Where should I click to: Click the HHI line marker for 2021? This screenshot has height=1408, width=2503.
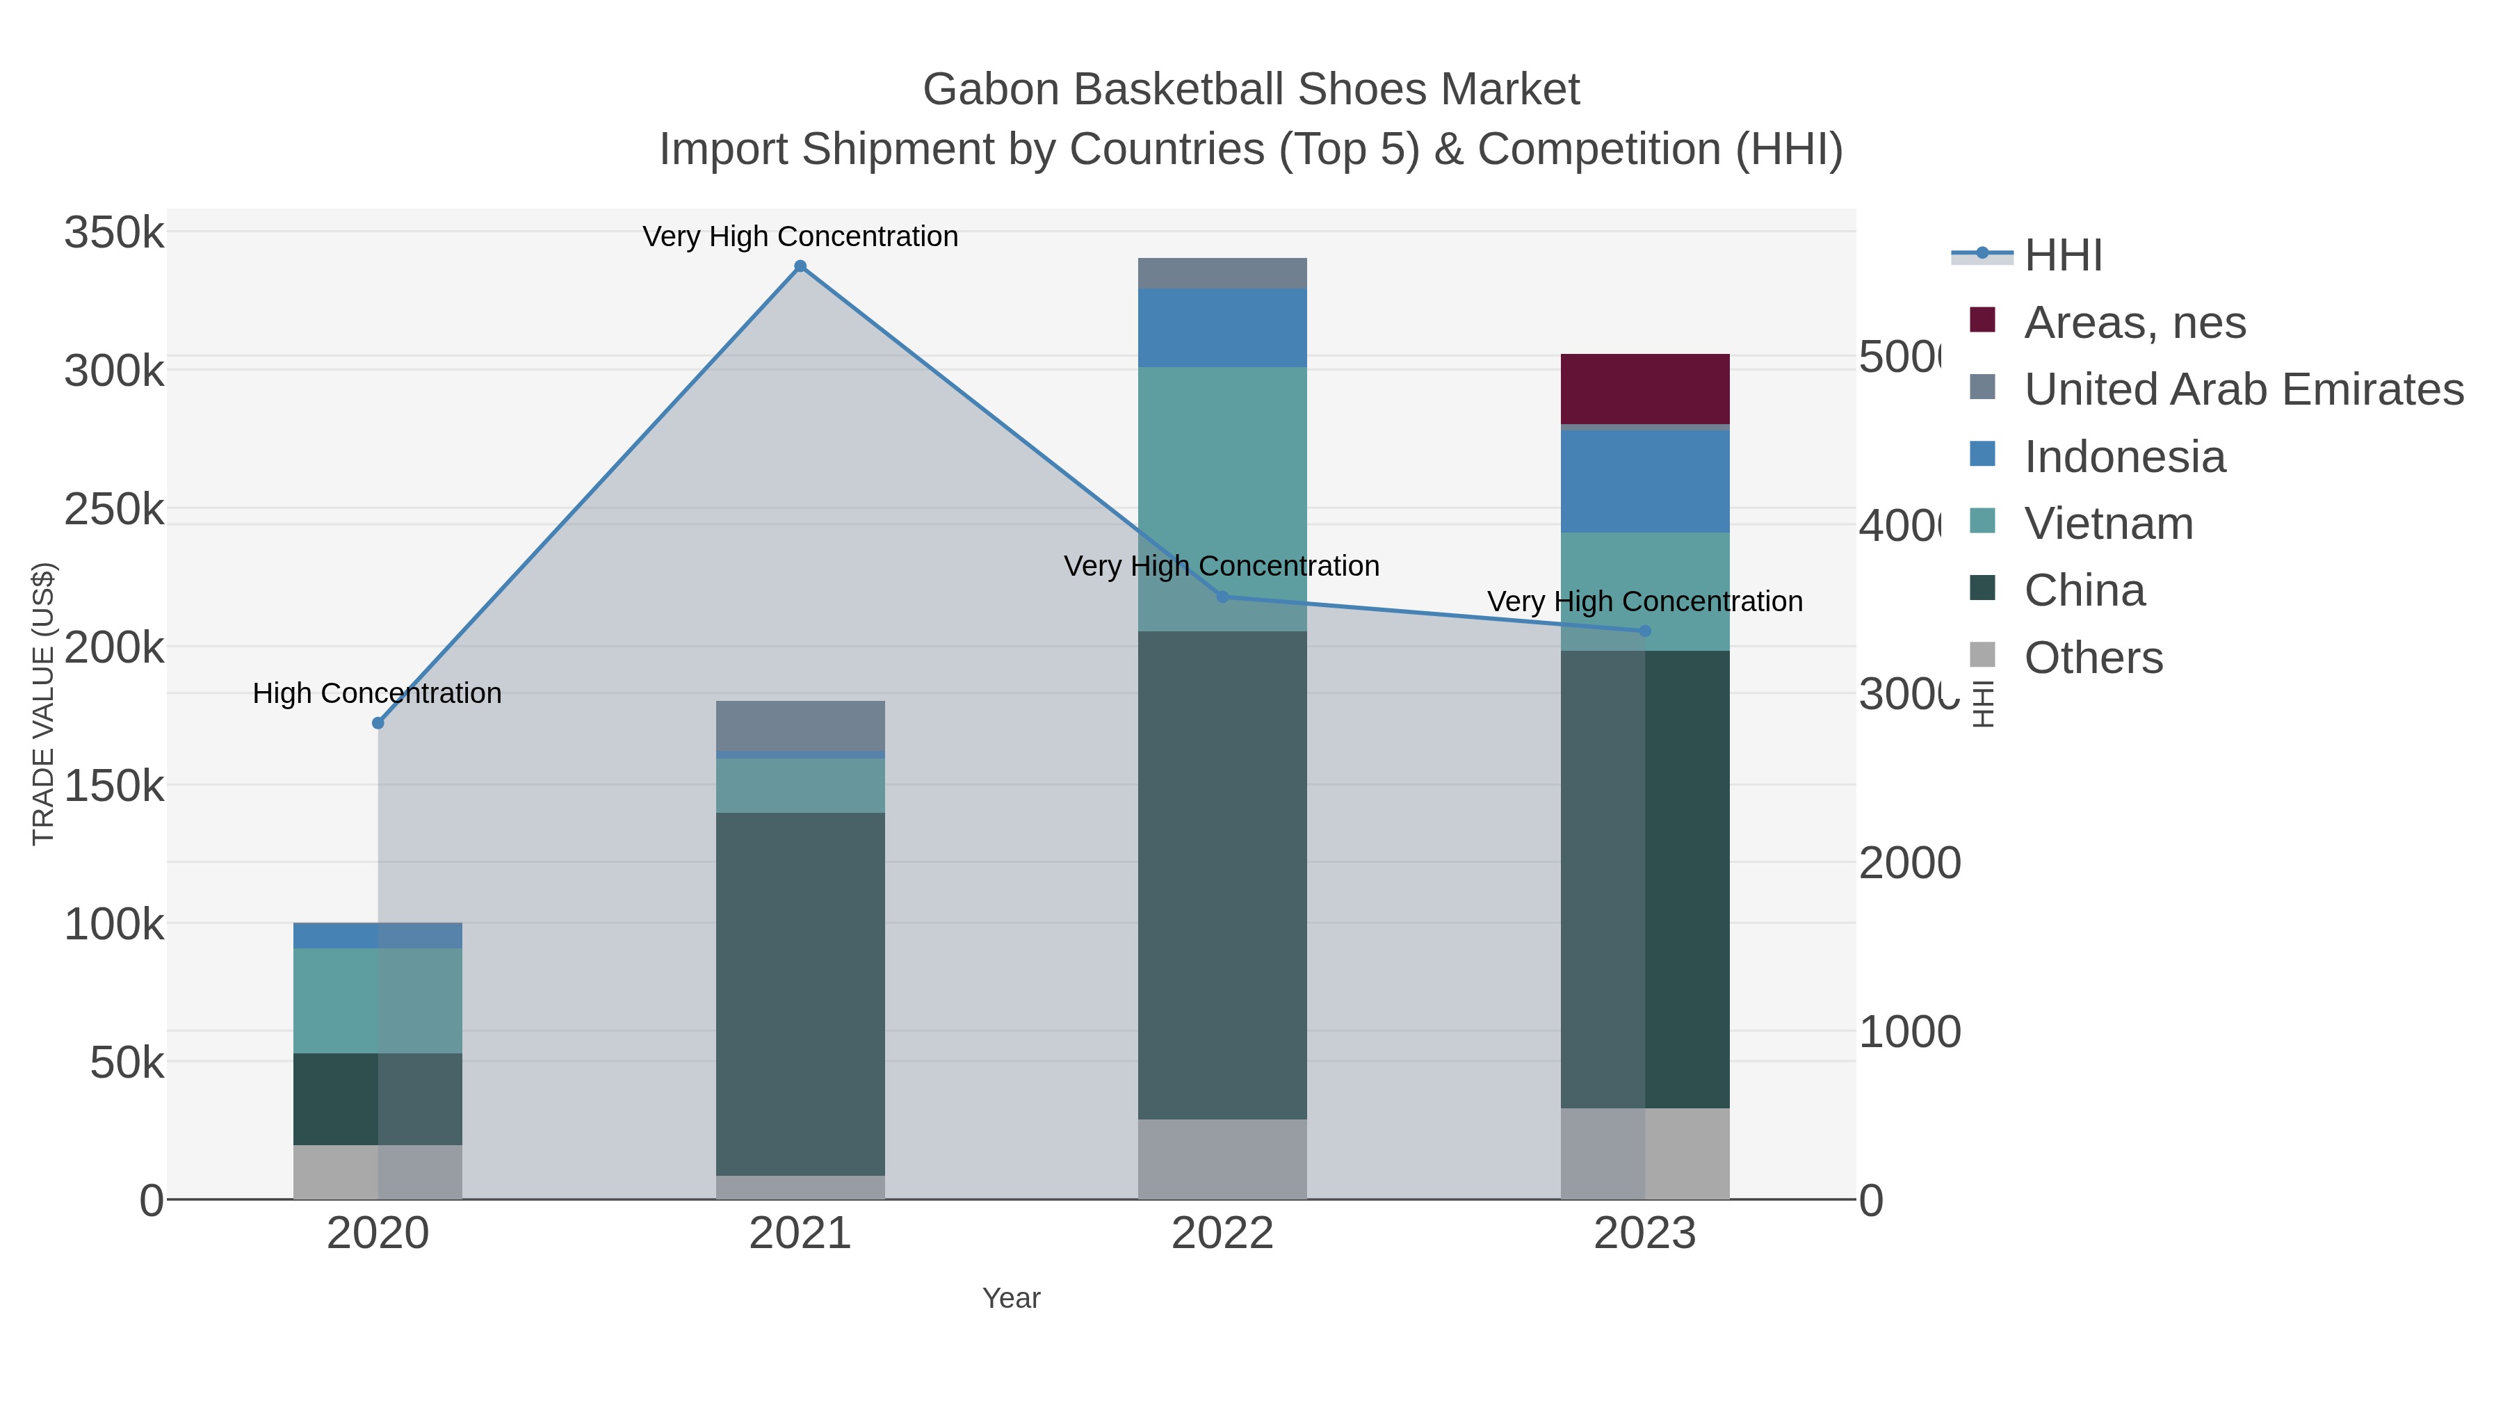tap(800, 266)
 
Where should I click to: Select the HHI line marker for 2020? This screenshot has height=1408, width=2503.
tap(378, 723)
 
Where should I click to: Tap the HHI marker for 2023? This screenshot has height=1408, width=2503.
tap(1644, 631)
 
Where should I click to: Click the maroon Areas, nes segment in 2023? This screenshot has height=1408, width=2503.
tap(1644, 389)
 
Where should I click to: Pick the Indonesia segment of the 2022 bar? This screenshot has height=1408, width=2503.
tap(1222, 327)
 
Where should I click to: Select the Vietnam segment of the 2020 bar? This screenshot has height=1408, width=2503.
tap(378, 1000)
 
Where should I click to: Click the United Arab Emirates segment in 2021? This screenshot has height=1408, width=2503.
tap(800, 726)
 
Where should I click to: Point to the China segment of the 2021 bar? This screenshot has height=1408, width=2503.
tap(800, 993)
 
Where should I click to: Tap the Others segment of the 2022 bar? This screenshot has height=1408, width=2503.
tap(1222, 1158)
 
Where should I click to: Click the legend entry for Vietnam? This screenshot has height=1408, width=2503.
tap(2109, 524)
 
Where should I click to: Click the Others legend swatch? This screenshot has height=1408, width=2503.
tap(1982, 656)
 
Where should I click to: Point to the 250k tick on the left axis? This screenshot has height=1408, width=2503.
tap(114, 509)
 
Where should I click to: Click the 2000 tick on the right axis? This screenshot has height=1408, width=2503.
tap(1909, 863)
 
